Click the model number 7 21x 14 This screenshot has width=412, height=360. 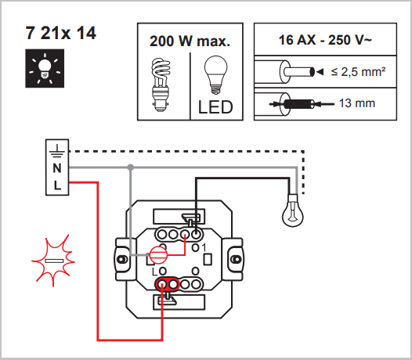pos(60,33)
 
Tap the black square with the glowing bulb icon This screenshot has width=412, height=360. pos(45,68)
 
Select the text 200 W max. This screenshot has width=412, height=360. pos(190,41)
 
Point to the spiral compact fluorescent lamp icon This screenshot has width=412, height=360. pos(161,85)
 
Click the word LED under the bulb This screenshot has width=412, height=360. pos(215,107)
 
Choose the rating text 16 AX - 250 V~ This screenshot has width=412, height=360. pos(325,40)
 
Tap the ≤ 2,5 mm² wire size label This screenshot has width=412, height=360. pos(358,72)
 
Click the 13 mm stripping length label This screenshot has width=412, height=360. pos(357,103)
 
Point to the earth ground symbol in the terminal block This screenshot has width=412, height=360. pos(57,152)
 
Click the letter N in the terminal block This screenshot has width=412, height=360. pos(57,168)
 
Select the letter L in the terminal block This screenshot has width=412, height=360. pos(57,185)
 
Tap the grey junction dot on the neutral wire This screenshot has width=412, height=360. pos(131,167)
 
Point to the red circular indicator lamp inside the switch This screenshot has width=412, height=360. pos(159,255)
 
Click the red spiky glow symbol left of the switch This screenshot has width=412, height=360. pos(53,261)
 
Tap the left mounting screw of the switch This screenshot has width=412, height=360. pos(121,259)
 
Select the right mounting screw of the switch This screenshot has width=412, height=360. pos(236,259)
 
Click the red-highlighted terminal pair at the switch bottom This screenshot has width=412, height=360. pos(168,284)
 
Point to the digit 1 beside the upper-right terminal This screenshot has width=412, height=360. pos(204,247)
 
